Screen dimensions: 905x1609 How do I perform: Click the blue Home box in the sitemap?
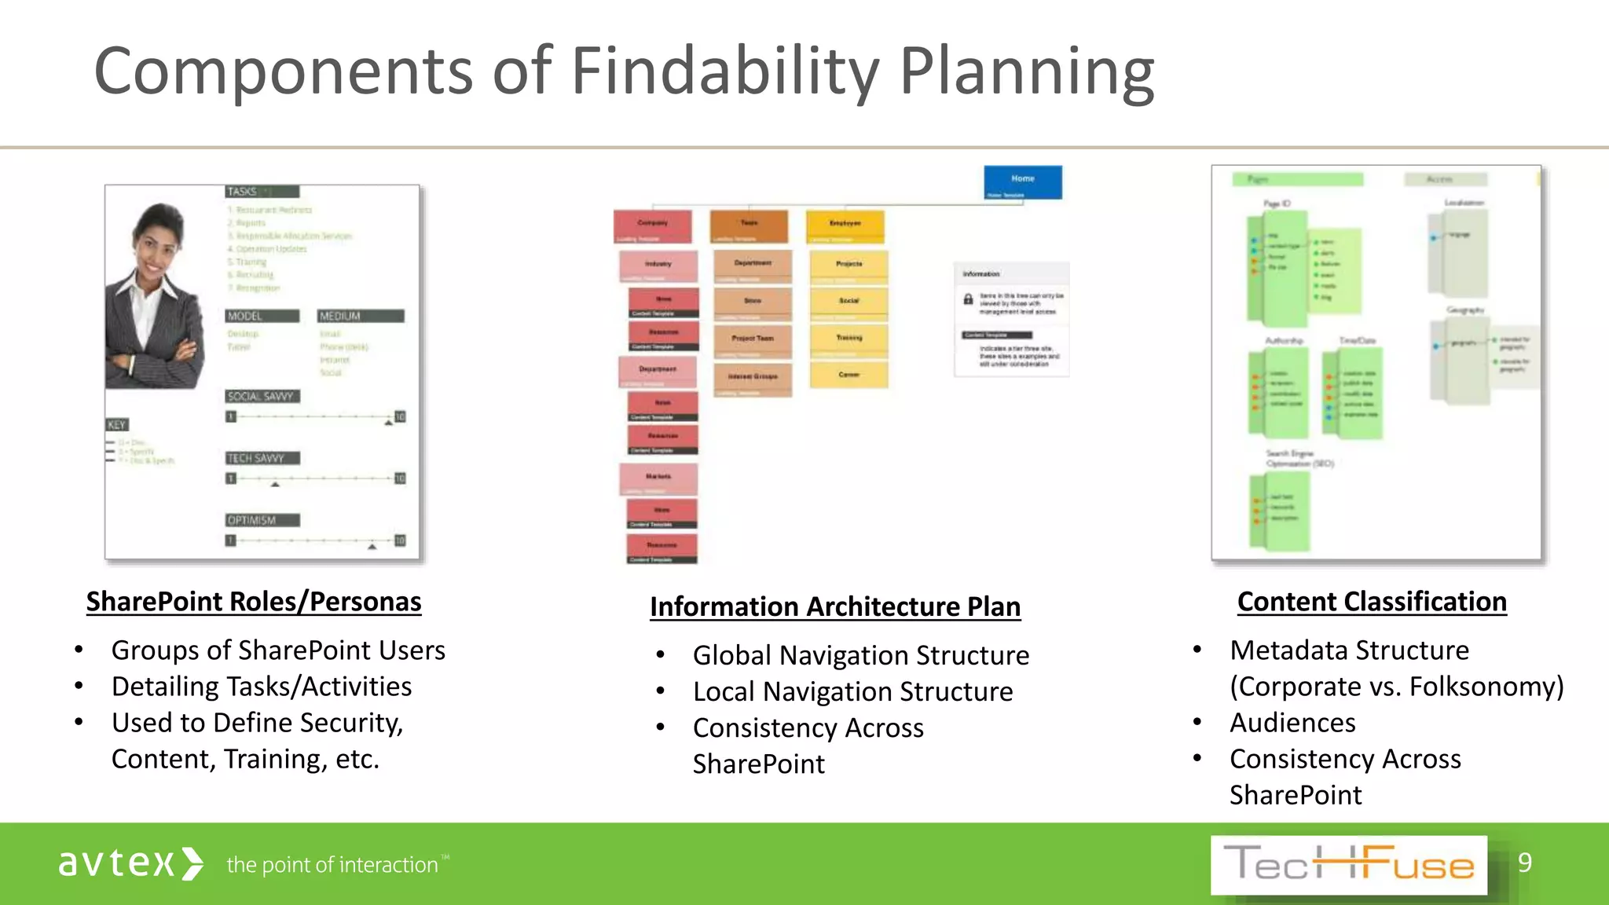(1022, 182)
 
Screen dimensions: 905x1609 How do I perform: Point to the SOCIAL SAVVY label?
(262, 396)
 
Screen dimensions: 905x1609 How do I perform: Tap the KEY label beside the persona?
(116, 424)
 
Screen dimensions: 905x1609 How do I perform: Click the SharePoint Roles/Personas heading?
(254, 602)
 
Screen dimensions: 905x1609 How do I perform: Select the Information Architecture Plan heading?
(835, 606)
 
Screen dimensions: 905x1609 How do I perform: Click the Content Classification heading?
(1372, 602)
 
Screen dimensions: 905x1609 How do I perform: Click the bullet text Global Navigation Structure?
(860, 655)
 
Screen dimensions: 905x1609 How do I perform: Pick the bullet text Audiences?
(1292, 723)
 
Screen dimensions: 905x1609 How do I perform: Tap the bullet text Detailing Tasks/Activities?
(262, 687)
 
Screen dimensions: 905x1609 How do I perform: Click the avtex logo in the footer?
(130, 863)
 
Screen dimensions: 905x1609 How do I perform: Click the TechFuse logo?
(1348, 865)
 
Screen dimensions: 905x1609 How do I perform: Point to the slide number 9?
(1524, 863)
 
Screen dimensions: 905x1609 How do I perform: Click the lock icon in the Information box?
(968, 299)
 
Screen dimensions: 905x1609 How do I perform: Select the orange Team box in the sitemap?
(749, 226)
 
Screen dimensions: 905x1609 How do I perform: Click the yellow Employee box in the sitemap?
(845, 226)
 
